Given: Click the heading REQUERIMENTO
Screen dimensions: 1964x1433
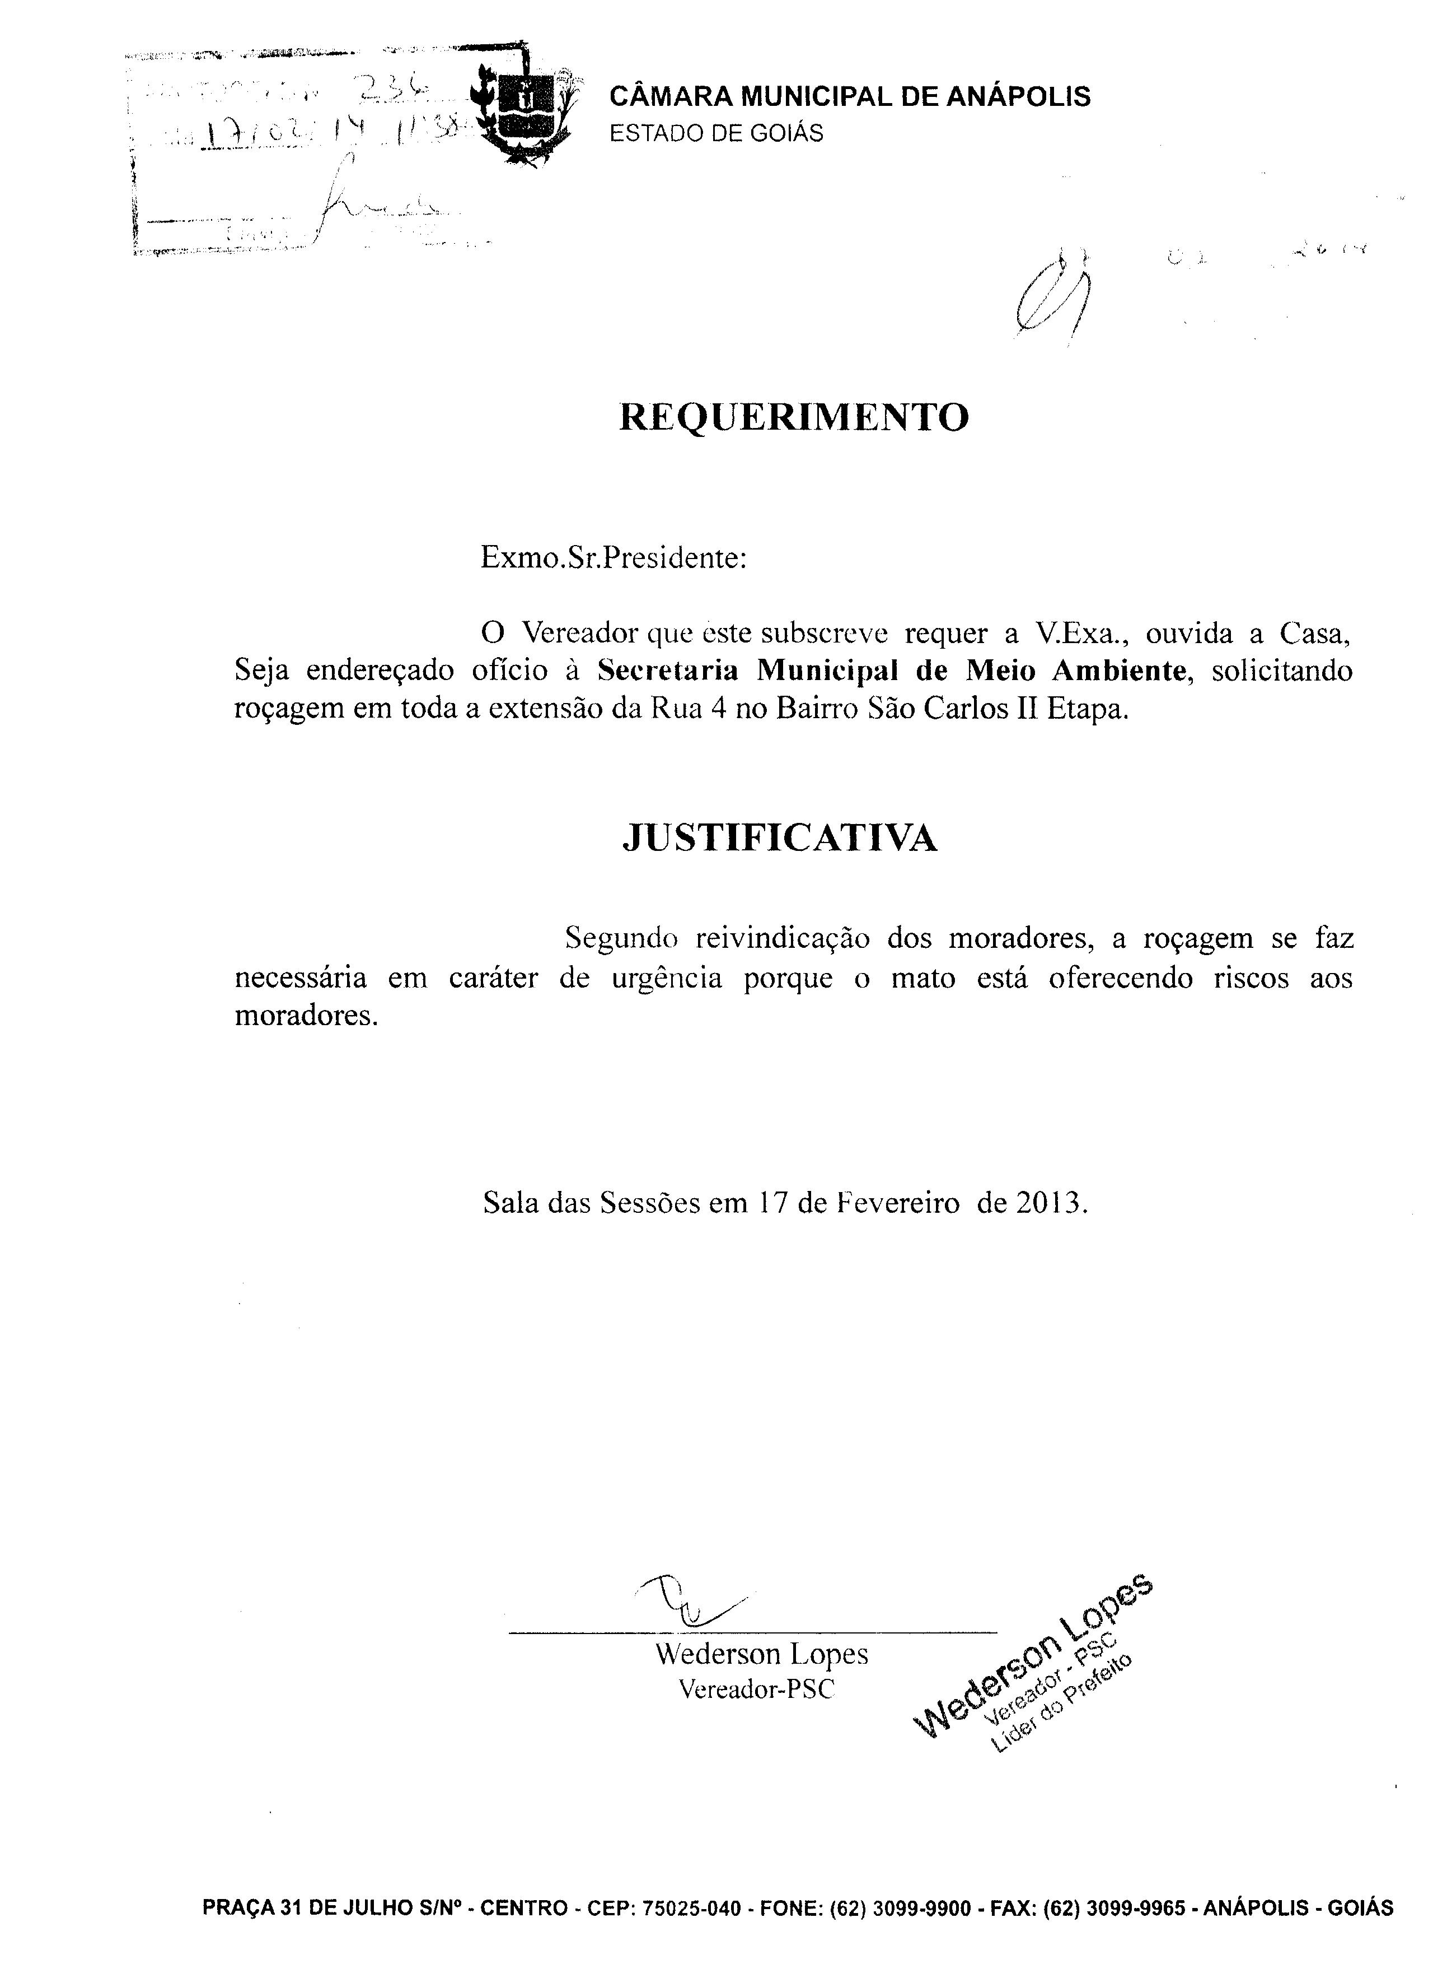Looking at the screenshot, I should click(x=794, y=417).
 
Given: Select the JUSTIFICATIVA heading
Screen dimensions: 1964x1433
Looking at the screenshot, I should click(x=780, y=837).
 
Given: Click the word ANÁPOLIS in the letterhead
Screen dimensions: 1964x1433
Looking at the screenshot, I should click(x=1018, y=96).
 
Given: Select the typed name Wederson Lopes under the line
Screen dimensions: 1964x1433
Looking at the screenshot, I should click(x=762, y=1654).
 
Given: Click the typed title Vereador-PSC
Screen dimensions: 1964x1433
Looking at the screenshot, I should click(x=756, y=1690).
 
